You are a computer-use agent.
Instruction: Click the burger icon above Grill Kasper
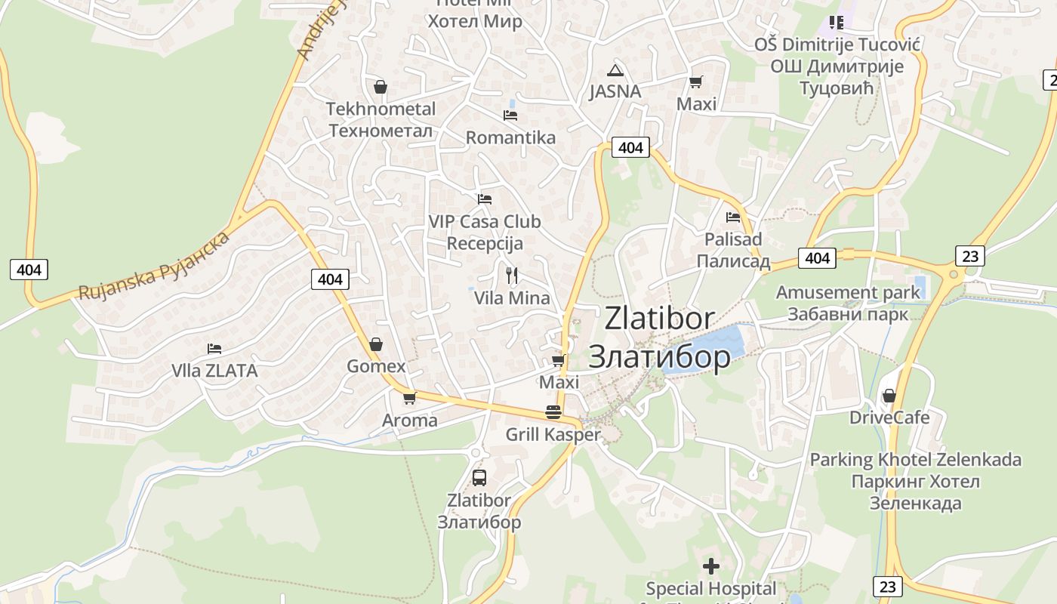coord(553,412)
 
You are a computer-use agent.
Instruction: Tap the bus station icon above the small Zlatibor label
coord(479,477)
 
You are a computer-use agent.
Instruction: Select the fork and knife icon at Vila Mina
coord(512,275)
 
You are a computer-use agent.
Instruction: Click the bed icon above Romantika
coord(510,116)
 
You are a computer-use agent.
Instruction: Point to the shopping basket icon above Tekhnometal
coord(381,87)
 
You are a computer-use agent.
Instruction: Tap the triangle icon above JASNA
coord(616,70)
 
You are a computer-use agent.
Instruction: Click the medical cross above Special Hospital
coord(710,565)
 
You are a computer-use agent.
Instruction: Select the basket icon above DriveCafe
coord(889,396)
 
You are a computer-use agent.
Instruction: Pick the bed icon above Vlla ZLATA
coord(214,349)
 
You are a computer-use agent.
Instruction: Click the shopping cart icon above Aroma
coord(409,398)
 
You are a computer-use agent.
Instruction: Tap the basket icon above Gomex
coord(376,345)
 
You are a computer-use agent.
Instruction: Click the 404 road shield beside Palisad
coord(818,258)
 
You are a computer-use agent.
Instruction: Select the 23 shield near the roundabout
coord(970,256)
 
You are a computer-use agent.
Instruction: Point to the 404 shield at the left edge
coord(29,269)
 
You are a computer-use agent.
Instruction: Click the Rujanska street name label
coord(154,266)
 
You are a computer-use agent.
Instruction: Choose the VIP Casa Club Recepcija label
coord(485,233)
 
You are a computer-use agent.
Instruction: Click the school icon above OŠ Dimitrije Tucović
coord(836,22)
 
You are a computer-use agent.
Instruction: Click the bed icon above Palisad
coord(733,217)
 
